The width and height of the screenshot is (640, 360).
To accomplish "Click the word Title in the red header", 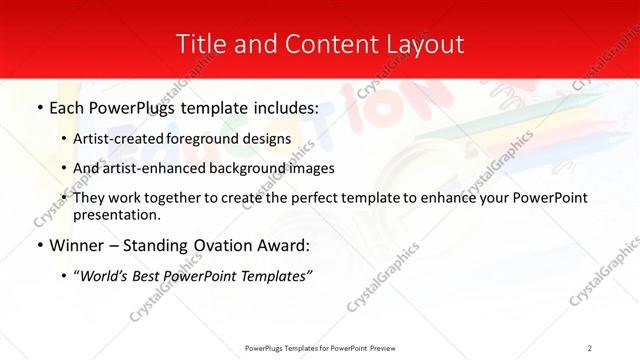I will [201, 44].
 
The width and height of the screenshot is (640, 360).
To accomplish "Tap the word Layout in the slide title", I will [420, 44].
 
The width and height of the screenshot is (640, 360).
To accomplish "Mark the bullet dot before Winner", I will [39, 245].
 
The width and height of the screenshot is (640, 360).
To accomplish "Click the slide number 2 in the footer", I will [589, 347].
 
